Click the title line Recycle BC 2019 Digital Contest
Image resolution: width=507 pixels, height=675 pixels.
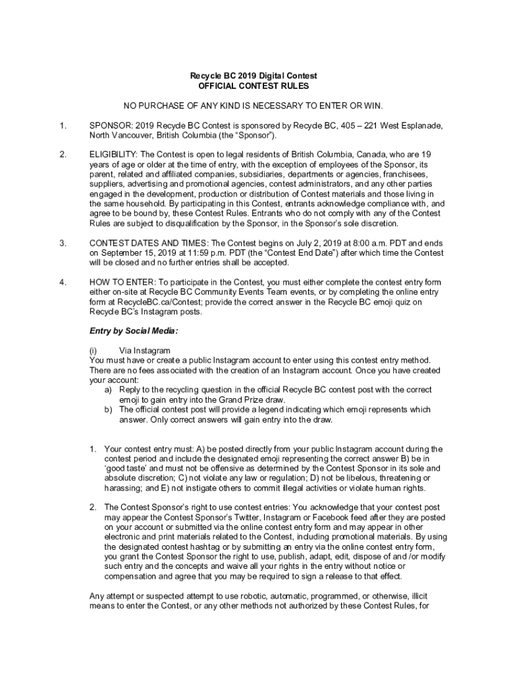click(254, 76)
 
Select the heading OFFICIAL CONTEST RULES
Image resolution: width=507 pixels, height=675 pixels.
click(254, 86)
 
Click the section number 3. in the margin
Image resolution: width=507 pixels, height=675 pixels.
click(63, 243)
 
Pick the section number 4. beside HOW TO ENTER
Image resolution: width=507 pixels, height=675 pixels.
click(63, 282)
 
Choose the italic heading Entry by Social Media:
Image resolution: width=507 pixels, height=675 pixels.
click(134, 330)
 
